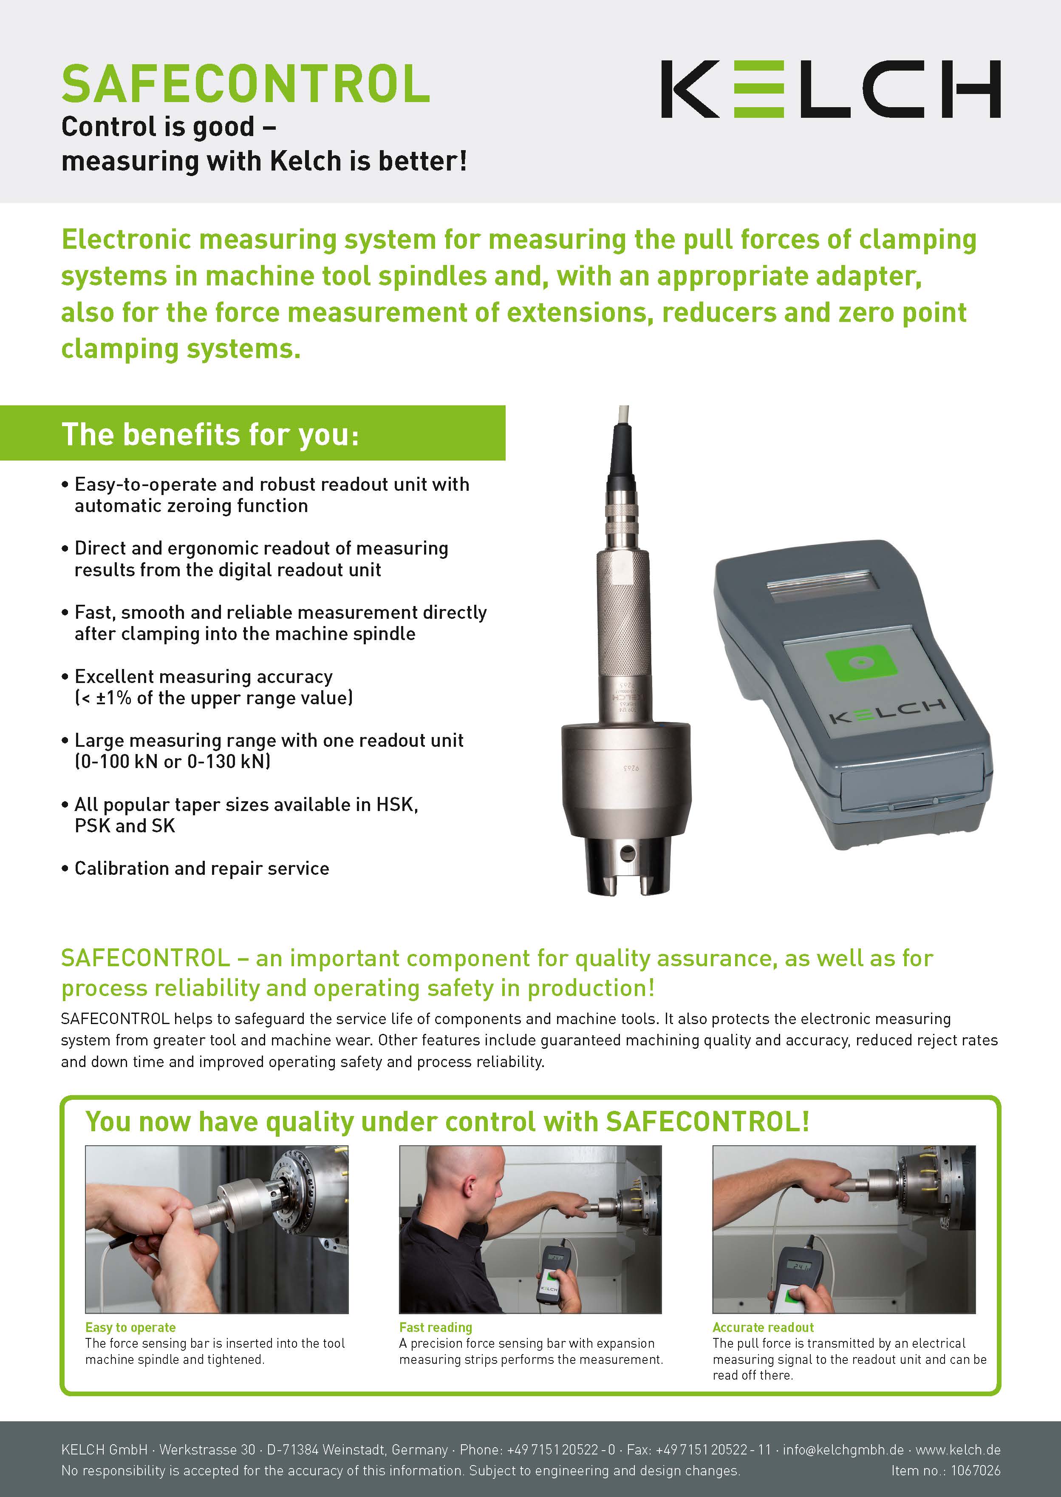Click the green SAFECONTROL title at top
(x=246, y=84)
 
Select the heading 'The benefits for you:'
(x=210, y=434)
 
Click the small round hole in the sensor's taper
(x=628, y=852)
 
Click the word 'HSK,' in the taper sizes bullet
(x=397, y=805)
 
